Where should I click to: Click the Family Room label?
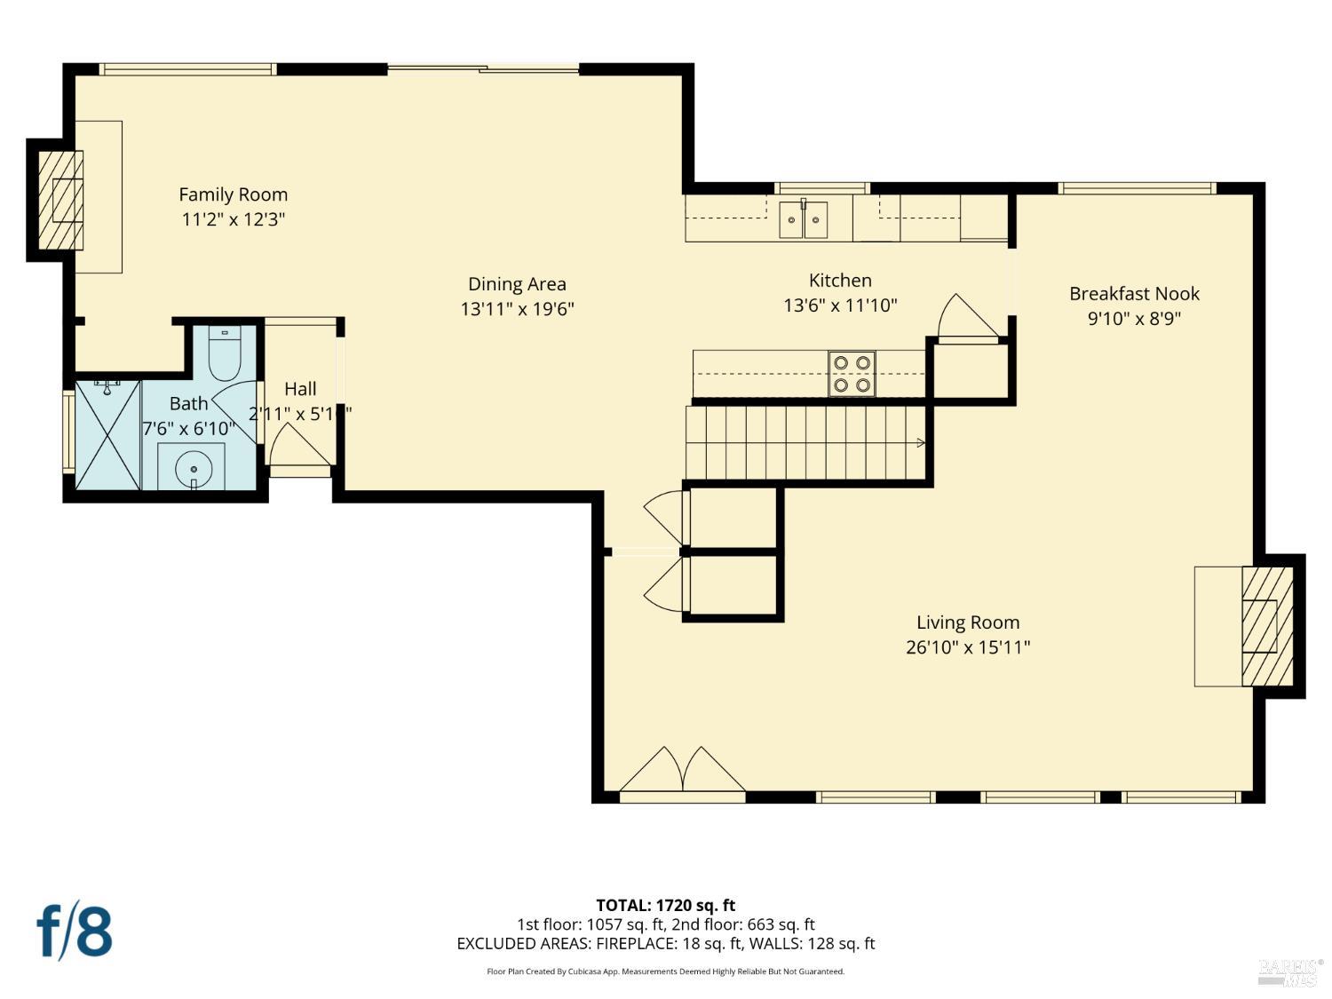point(233,194)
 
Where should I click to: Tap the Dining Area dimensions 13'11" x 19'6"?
point(517,309)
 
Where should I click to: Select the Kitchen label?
point(839,281)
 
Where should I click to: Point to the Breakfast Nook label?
point(1134,293)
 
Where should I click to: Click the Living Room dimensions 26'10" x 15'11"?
point(967,647)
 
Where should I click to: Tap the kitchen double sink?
point(803,219)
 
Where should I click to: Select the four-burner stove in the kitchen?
point(852,374)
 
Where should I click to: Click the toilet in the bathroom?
point(225,356)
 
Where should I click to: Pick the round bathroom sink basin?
point(192,467)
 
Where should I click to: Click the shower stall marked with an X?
point(107,434)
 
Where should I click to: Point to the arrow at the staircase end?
point(920,443)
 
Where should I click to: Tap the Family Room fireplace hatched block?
point(61,200)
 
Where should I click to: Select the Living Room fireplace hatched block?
point(1266,626)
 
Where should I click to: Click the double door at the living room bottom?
point(682,771)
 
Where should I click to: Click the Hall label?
point(300,389)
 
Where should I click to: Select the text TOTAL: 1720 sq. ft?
point(665,906)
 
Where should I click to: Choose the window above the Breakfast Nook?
point(1137,188)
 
